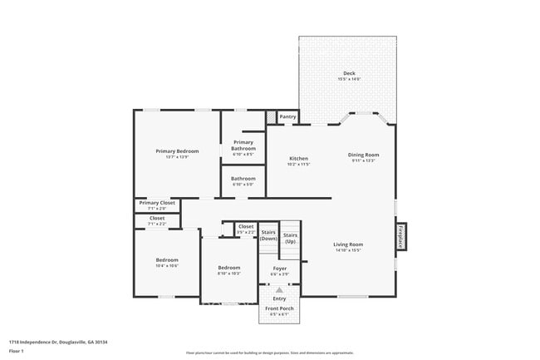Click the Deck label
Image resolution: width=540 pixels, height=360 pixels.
pyautogui.click(x=348, y=74)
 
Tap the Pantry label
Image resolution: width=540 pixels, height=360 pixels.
pyautogui.click(x=287, y=117)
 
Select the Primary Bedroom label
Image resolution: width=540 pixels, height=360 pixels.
pyautogui.click(x=177, y=152)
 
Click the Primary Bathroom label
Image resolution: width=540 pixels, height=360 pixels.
pyautogui.click(x=243, y=145)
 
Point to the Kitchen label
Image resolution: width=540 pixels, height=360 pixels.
pyautogui.click(x=298, y=159)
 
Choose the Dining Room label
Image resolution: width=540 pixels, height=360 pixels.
pyautogui.click(x=363, y=155)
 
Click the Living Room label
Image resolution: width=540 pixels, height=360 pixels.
pyautogui.click(x=347, y=244)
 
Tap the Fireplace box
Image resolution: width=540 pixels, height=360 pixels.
pyautogui.click(x=401, y=236)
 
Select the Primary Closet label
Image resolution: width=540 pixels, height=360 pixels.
pyautogui.click(x=157, y=203)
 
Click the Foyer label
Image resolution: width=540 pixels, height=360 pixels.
pyautogui.click(x=280, y=268)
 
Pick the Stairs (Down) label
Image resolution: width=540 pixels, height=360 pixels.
pyautogui.click(x=268, y=235)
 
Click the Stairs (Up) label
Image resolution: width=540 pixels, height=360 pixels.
pyautogui.click(x=290, y=238)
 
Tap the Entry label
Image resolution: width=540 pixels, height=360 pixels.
pyautogui.click(x=279, y=298)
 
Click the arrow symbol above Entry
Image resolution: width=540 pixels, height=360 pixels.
pyautogui.click(x=279, y=289)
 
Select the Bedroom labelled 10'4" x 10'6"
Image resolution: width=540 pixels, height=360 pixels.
pyautogui.click(x=167, y=260)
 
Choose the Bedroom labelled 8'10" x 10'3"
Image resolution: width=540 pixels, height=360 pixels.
pyautogui.click(x=229, y=268)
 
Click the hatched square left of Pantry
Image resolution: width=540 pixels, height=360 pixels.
pyautogui.click(x=271, y=117)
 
